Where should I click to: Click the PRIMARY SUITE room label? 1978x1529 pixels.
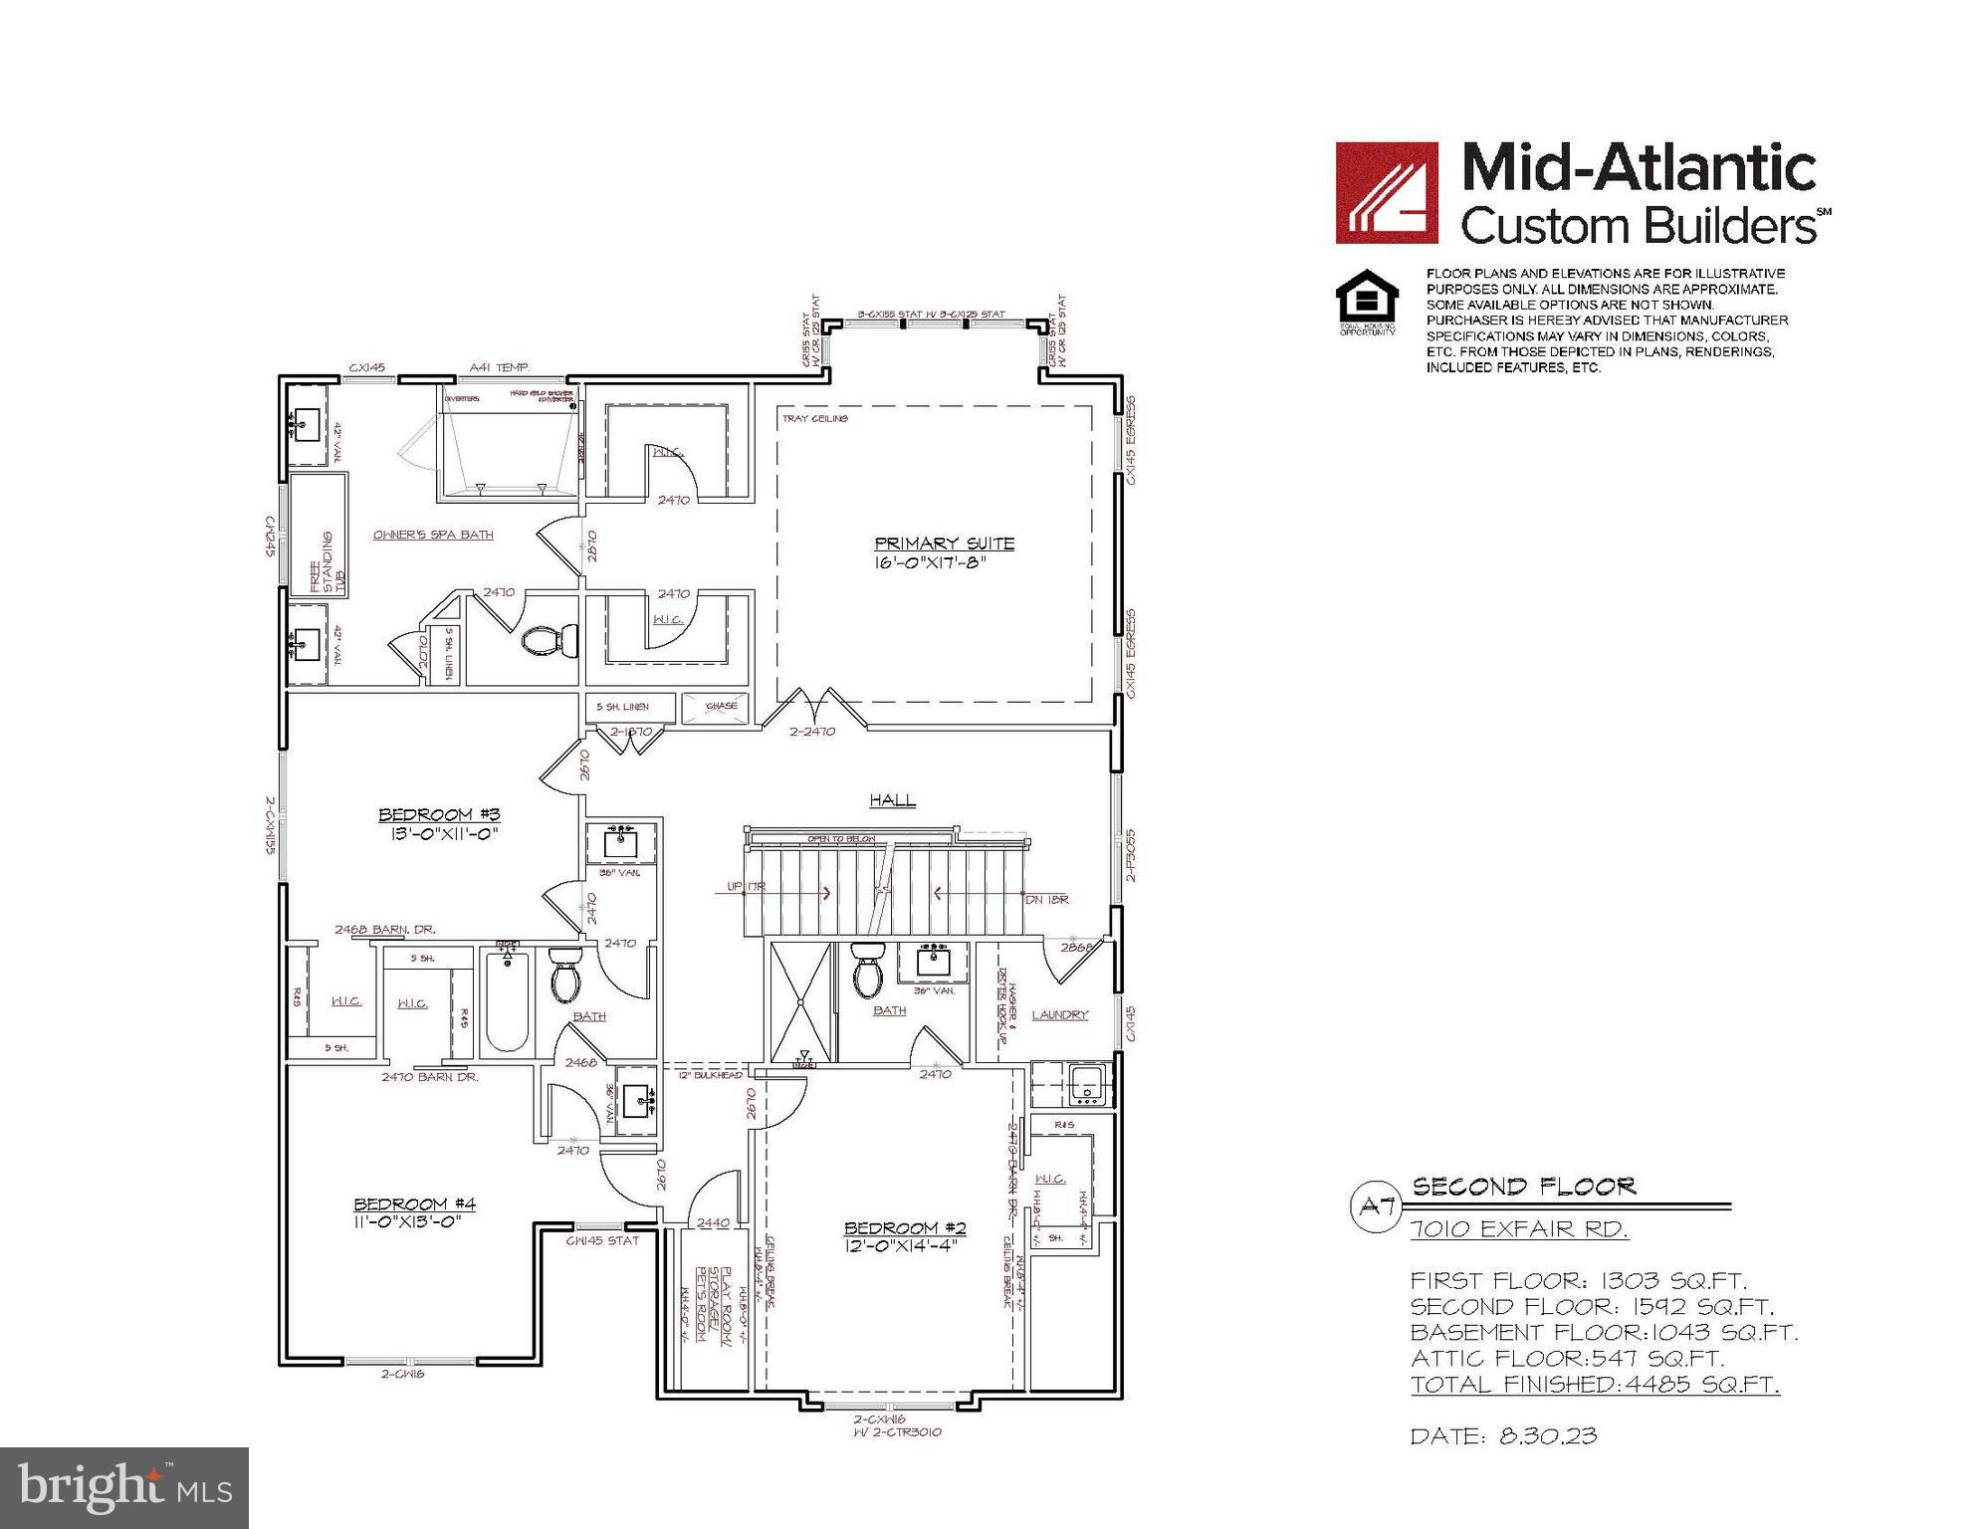click(944, 544)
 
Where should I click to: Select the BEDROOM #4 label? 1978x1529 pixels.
click(414, 1203)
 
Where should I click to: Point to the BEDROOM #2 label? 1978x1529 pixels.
click(905, 1227)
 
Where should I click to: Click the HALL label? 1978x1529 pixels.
click(892, 799)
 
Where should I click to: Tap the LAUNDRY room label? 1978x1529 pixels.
click(1059, 1014)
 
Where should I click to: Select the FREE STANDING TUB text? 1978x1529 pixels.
click(330, 563)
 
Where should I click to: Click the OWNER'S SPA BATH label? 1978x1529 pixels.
click(433, 535)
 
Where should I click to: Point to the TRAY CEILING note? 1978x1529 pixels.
click(814, 419)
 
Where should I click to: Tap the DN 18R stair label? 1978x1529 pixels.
click(1046, 898)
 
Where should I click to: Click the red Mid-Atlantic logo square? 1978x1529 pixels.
click(1386, 192)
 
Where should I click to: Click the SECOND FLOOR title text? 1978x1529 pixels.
click(1523, 1187)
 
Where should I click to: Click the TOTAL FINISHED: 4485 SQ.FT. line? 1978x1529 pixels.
click(1594, 1384)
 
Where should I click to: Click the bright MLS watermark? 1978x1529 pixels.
click(124, 1487)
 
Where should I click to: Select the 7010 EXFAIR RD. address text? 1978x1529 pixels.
click(1519, 1229)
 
